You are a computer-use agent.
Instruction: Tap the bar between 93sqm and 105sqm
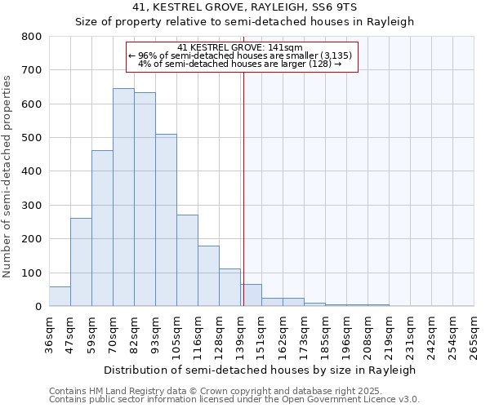166,220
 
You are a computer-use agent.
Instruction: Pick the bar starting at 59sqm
102,228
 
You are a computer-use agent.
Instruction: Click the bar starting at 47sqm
81,262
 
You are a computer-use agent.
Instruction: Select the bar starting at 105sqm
187,260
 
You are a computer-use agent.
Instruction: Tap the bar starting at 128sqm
229,287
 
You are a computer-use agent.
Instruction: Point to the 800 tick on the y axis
32,37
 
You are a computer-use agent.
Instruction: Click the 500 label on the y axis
32,138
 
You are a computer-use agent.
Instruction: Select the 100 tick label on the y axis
32,273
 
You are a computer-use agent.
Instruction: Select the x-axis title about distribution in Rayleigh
261,370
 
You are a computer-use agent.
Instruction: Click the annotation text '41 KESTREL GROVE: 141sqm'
240,47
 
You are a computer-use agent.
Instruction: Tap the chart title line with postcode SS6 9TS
244,7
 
